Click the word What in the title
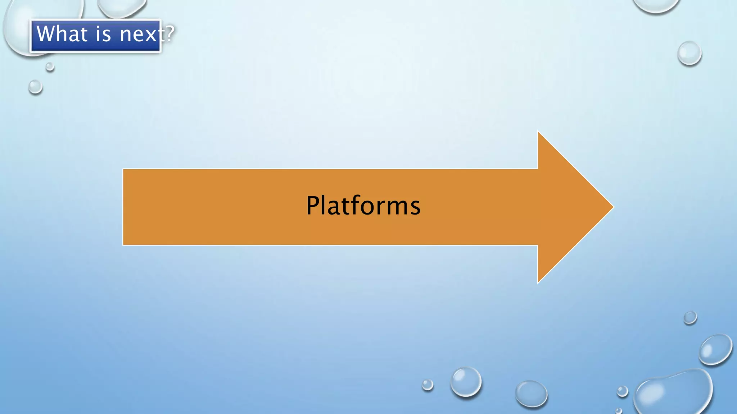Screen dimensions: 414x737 click(62, 34)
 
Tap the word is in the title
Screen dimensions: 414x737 click(103, 34)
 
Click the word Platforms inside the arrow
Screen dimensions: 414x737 click(363, 206)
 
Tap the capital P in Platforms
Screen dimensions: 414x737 click(313, 206)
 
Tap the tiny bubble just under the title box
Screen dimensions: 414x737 click(50, 66)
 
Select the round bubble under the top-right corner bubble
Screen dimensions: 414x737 click(689, 53)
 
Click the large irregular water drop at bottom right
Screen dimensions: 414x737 click(673, 392)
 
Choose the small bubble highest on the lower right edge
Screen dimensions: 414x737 click(690, 318)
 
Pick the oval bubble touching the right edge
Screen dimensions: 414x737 click(715, 349)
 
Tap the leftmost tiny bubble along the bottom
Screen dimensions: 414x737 click(428, 385)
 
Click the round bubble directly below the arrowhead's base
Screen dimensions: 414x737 click(531, 394)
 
